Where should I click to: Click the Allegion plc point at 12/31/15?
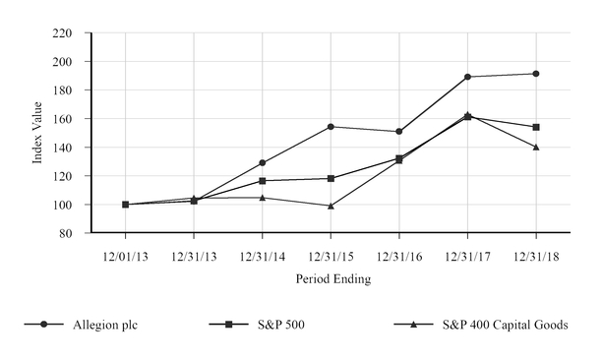[331, 127]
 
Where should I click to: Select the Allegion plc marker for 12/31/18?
[536, 74]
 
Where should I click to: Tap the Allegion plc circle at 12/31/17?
[467, 77]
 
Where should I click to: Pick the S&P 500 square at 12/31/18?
[536, 127]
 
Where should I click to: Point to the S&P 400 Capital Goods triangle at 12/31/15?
[331, 206]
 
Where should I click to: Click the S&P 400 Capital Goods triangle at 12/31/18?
[536, 147]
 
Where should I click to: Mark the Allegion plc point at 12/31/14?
[262, 163]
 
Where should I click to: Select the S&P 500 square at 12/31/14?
[262, 181]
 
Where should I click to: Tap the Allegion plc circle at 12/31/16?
[399, 132]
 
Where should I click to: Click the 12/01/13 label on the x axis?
[125, 253]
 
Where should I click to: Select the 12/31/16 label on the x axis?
[399, 253]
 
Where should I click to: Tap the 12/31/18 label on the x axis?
[536, 253]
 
